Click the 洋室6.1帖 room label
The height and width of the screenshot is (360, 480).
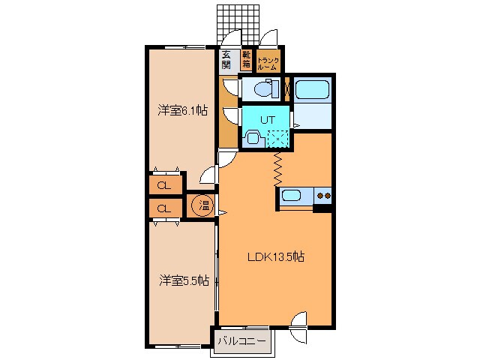click(182, 112)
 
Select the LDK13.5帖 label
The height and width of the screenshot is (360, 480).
click(276, 256)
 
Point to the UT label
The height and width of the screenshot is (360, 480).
click(268, 118)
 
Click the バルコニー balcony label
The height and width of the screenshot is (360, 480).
click(241, 341)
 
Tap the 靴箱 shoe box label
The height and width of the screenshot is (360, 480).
click(246, 60)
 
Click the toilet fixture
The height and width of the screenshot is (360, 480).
click(259, 90)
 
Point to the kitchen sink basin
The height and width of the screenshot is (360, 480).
click(291, 196)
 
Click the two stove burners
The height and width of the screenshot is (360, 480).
click(323, 196)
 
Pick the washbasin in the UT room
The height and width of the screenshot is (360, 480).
click(253, 137)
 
